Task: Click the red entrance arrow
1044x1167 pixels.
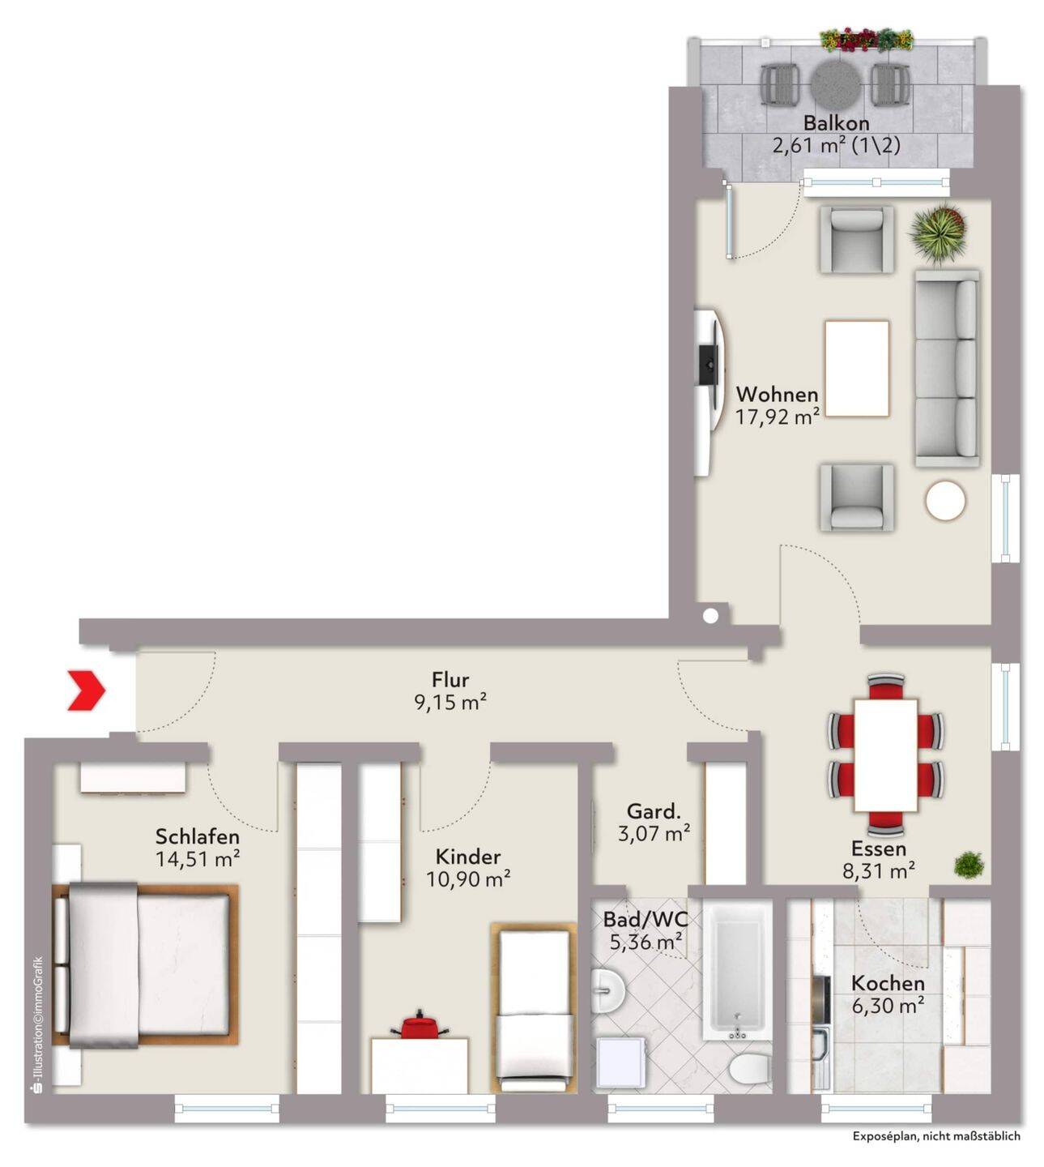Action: click(87, 690)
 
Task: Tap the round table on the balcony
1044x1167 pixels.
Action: click(836, 84)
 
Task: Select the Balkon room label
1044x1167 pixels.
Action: click(836, 122)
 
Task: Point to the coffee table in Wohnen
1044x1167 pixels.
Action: click(857, 368)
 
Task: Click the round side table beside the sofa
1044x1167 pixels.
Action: click(945, 500)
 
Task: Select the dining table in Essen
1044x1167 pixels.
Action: click(885, 754)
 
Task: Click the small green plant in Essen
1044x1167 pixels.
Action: click(969, 865)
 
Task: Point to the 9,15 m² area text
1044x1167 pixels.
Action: click(451, 702)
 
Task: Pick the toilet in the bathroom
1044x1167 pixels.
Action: click(750, 1070)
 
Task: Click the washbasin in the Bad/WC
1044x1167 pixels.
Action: click(608, 990)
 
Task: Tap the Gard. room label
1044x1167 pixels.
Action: click(654, 811)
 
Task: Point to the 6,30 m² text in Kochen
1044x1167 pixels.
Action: click(888, 1006)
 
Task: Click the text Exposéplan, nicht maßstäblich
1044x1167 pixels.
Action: click(936, 1136)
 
